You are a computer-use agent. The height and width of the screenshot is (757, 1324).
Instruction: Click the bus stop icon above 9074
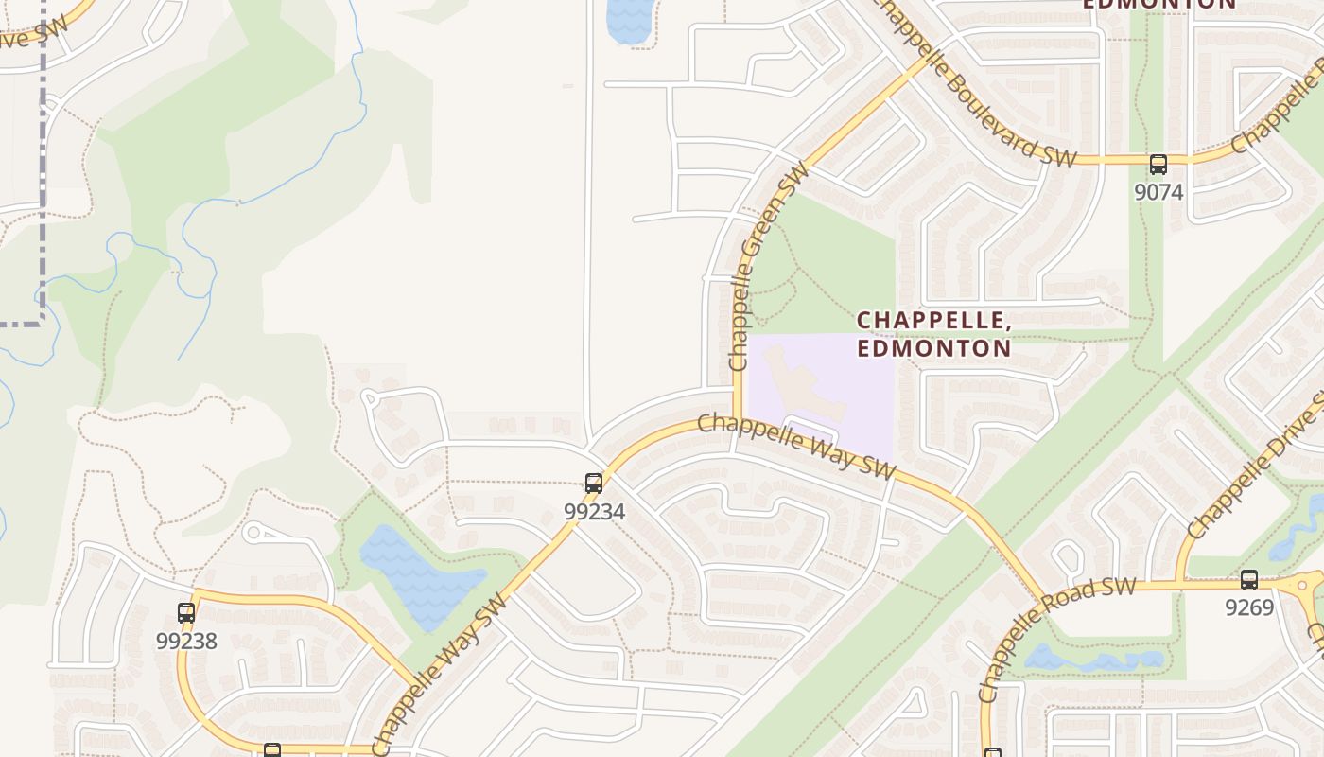(x=1158, y=165)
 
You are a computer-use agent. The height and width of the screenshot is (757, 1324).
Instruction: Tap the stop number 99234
(x=594, y=511)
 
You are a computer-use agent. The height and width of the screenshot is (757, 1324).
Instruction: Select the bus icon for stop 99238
(x=186, y=613)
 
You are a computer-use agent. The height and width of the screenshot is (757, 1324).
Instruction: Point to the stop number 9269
(x=1249, y=607)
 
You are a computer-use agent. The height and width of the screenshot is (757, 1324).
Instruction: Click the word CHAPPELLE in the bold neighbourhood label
(x=933, y=321)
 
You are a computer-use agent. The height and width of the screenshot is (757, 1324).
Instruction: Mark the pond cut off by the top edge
(x=629, y=19)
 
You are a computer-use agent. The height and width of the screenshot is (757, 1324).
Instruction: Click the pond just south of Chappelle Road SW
(x=1092, y=659)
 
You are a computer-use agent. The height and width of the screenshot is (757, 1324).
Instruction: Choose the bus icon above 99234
(x=594, y=484)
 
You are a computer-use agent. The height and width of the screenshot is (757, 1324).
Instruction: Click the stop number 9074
(x=1158, y=192)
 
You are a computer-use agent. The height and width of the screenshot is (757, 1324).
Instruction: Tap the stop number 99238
(x=186, y=641)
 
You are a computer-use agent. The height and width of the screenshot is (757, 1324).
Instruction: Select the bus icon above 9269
(x=1249, y=580)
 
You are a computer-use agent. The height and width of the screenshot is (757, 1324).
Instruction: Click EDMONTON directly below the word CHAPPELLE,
(x=934, y=348)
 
